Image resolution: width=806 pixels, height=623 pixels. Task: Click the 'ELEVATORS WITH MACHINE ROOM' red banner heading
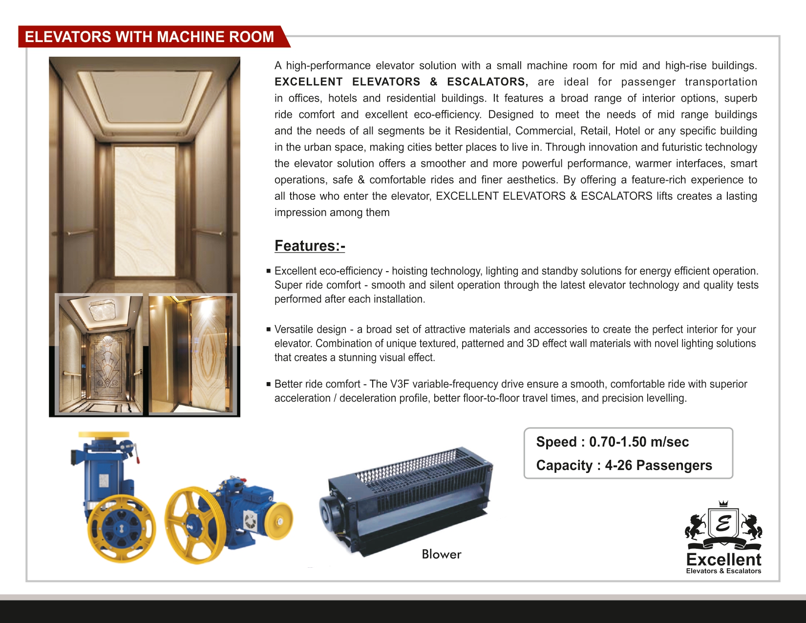pyautogui.click(x=149, y=37)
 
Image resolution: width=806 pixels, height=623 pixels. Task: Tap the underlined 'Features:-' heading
pyautogui.click(x=310, y=246)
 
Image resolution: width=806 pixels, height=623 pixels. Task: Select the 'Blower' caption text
pyautogui.click(x=441, y=554)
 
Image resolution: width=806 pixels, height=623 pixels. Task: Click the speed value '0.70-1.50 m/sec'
pyautogui.click(x=638, y=442)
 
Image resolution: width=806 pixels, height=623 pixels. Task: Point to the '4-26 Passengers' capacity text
pyautogui.click(x=658, y=465)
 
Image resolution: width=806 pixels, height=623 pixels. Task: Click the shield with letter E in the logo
pyautogui.click(x=723, y=524)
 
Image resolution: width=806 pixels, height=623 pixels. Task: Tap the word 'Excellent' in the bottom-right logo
pyautogui.click(x=723, y=559)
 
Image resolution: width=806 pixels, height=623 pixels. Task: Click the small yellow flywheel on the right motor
pyautogui.click(x=279, y=521)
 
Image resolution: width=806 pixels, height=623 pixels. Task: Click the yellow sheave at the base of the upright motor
pyautogui.click(x=121, y=529)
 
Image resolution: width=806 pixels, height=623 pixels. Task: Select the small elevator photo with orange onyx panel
pyautogui.click(x=191, y=354)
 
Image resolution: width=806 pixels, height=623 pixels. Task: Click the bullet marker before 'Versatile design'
pyautogui.click(x=268, y=329)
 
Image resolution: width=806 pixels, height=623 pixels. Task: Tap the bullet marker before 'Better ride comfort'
pyautogui.click(x=268, y=384)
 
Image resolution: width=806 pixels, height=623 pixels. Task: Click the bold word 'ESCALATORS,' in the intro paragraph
pyautogui.click(x=487, y=82)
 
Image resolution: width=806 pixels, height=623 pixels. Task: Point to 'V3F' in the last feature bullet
pyautogui.click(x=399, y=384)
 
